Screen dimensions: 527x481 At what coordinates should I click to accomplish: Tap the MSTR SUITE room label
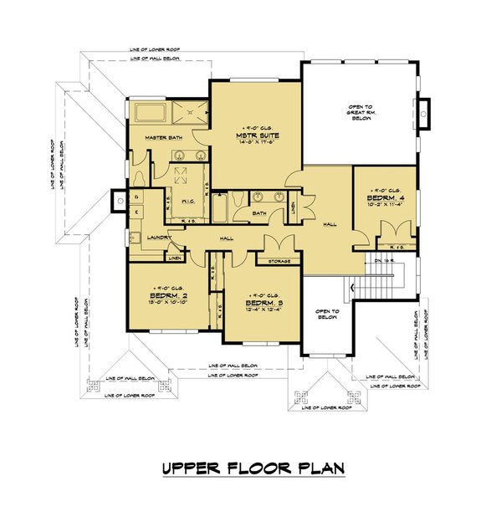coord(258,135)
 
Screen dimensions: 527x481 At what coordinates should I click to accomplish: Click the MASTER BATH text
coord(163,137)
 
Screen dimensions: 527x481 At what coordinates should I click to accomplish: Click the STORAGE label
coord(279,262)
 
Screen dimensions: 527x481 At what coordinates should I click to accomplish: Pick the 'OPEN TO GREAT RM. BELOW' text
coord(360,112)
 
